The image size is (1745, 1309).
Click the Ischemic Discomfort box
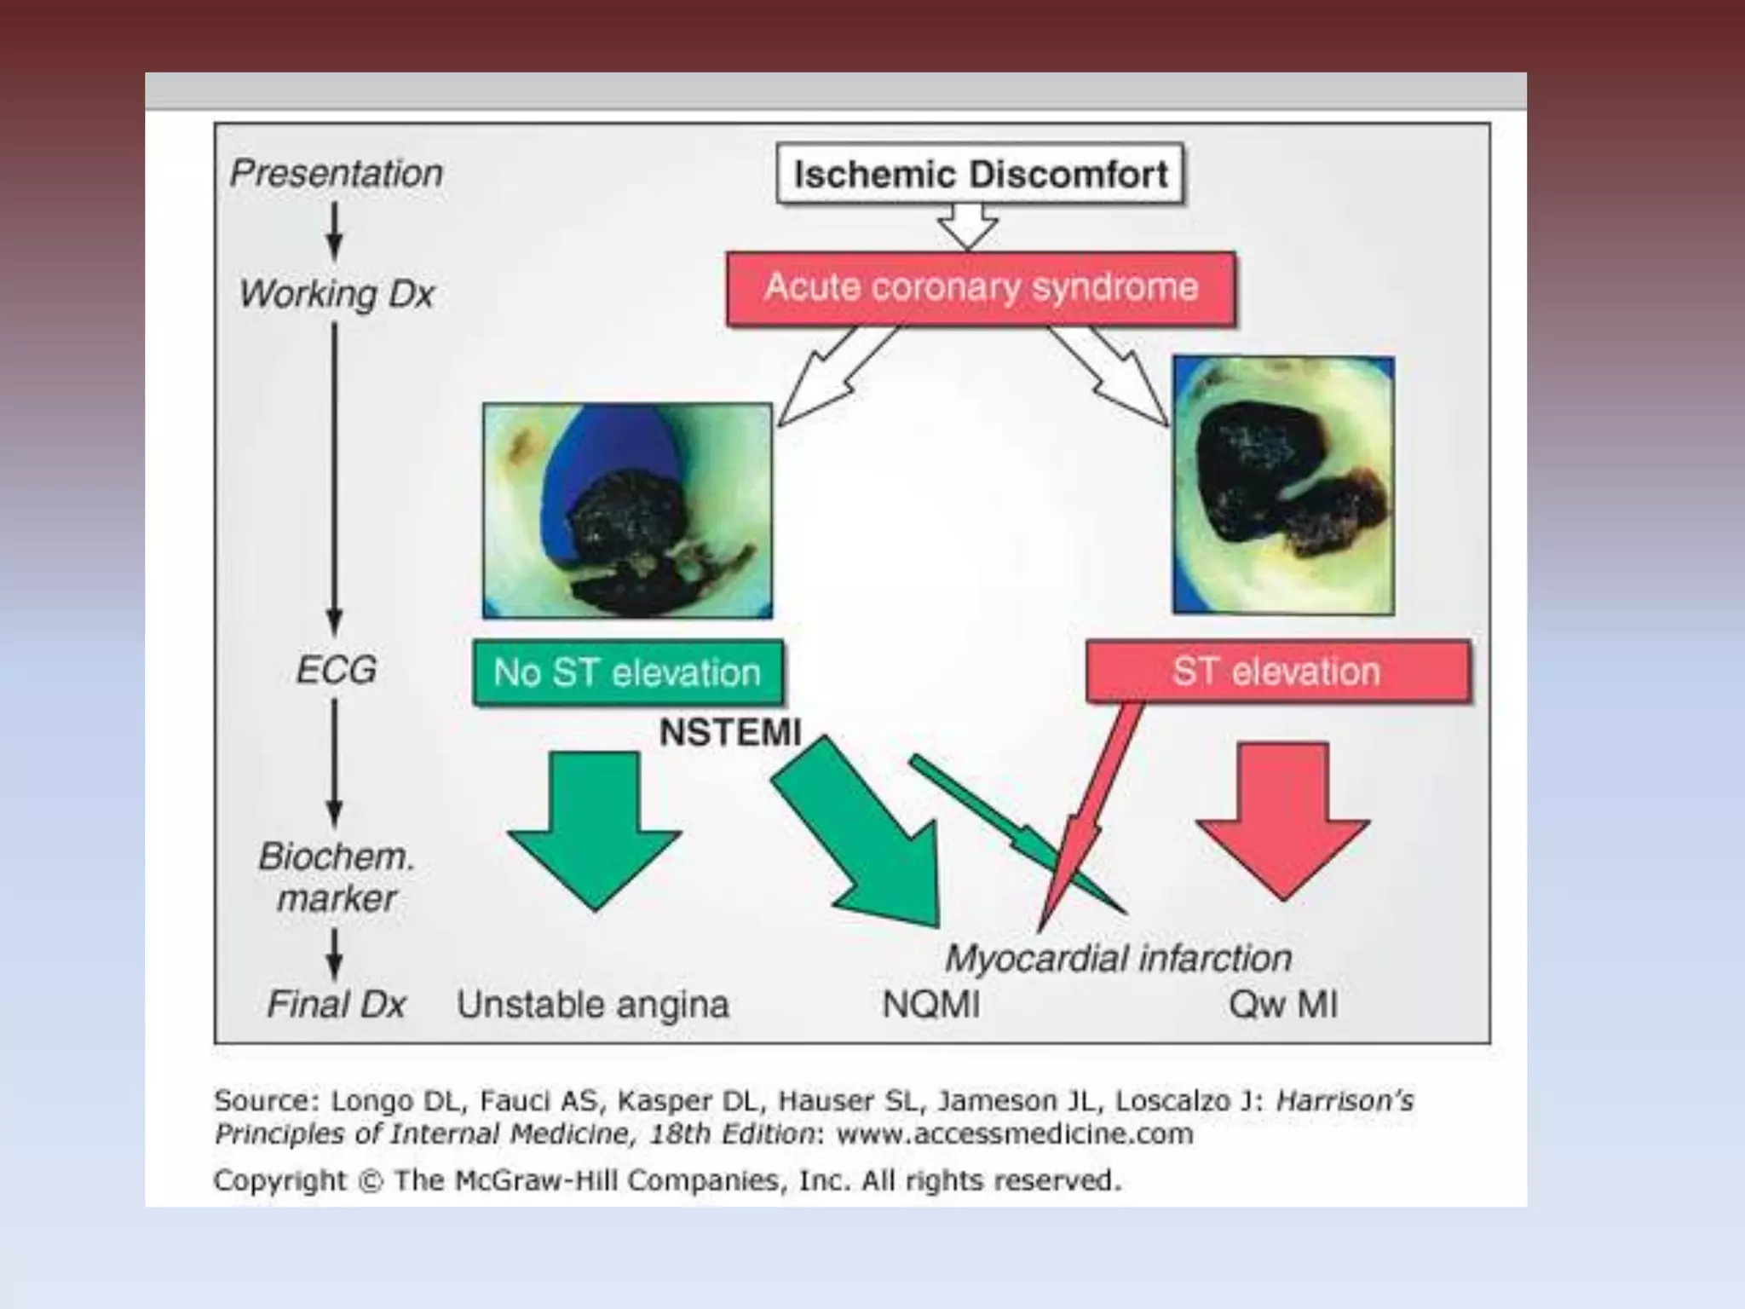[980, 175]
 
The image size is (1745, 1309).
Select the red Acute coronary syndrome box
[981, 288]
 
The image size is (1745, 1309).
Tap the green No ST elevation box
[627, 673]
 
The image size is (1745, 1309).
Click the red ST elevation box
[1277, 672]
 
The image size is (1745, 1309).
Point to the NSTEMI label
[730, 733]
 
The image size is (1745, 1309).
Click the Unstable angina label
[593, 1005]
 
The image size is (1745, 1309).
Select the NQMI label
[930, 1005]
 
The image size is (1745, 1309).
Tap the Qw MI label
[1282, 1005]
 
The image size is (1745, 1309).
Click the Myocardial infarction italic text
[1118, 959]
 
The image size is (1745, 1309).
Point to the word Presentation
[337, 173]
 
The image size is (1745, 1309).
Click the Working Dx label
[337, 294]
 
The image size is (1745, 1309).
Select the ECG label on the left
[336, 670]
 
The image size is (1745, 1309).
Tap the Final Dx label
[336, 1004]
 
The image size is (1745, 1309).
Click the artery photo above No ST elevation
[627, 510]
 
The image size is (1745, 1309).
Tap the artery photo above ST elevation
[1283, 485]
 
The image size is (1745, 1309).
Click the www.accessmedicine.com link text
[1015, 1134]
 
